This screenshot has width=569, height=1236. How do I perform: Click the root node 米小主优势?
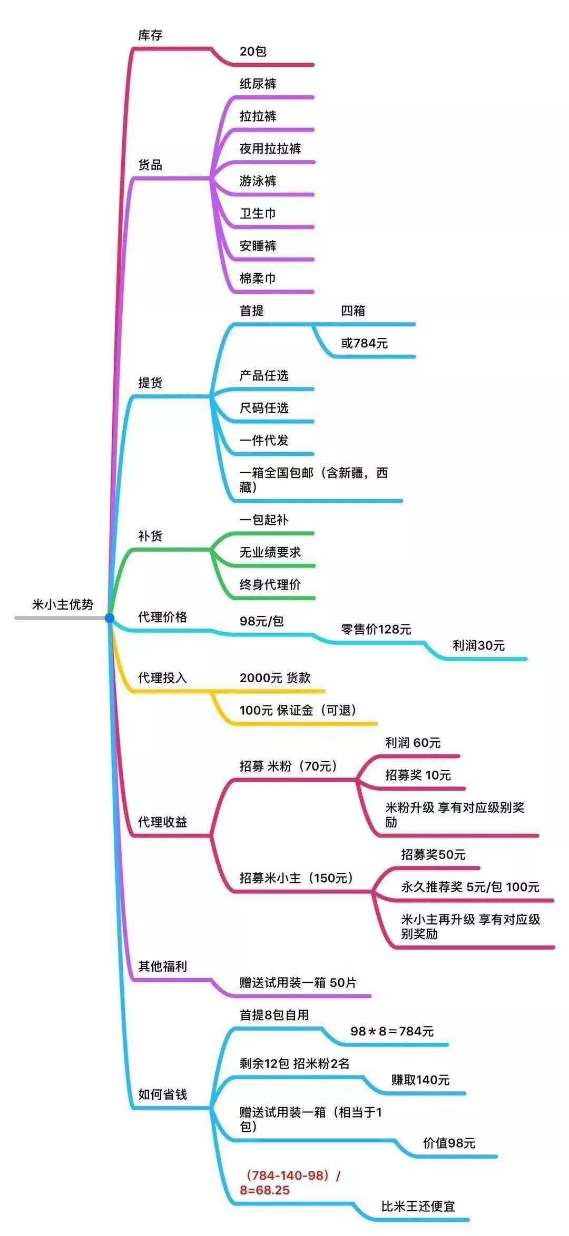coord(63,604)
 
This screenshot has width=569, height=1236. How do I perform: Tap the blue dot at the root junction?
coord(110,618)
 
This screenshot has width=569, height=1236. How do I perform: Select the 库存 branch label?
coord(150,35)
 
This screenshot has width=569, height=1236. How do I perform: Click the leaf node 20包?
coord(253,52)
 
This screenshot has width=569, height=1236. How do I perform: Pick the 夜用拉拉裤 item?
coord(270,149)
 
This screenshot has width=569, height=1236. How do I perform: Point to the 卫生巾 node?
coord(258,214)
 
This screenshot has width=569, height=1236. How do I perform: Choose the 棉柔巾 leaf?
coord(258,278)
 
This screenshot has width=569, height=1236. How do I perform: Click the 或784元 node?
coord(364,343)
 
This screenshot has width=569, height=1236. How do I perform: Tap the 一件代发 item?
coord(264,441)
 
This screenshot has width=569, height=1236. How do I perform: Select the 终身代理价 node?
coord(270,584)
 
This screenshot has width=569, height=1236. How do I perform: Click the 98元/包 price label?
coord(262,621)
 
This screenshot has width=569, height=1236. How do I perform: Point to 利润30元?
coord(478,645)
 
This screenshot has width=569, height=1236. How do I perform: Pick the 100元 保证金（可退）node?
coord(298,711)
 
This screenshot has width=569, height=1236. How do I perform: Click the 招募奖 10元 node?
coord(418,775)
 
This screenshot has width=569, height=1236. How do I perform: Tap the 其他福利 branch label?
coord(162,966)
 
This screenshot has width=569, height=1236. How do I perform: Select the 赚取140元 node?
coord(420,1080)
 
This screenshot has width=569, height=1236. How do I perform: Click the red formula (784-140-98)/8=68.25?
coord(290,1182)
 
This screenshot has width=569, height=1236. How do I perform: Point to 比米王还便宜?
coord(418,1207)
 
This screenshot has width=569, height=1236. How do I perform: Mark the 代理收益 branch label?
coord(162,822)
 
